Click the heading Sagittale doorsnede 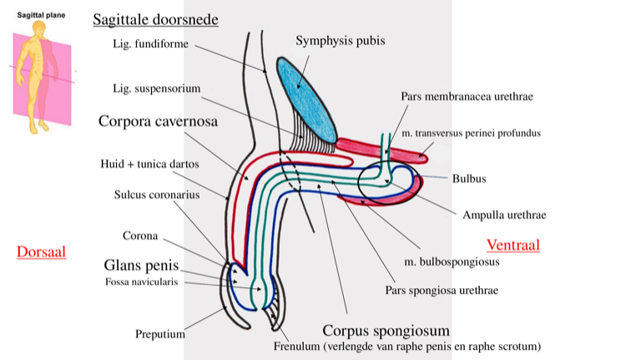point(155,19)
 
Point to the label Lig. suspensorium point(156,89)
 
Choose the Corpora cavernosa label point(158,121)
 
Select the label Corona point(140,236)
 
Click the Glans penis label point(141,266)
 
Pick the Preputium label point(159,335)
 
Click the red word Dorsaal point(41,251)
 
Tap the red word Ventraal point(512,245)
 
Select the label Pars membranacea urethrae point(466,97)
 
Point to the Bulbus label point(469,178)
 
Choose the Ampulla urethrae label point(504,215)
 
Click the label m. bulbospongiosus point(451,261)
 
